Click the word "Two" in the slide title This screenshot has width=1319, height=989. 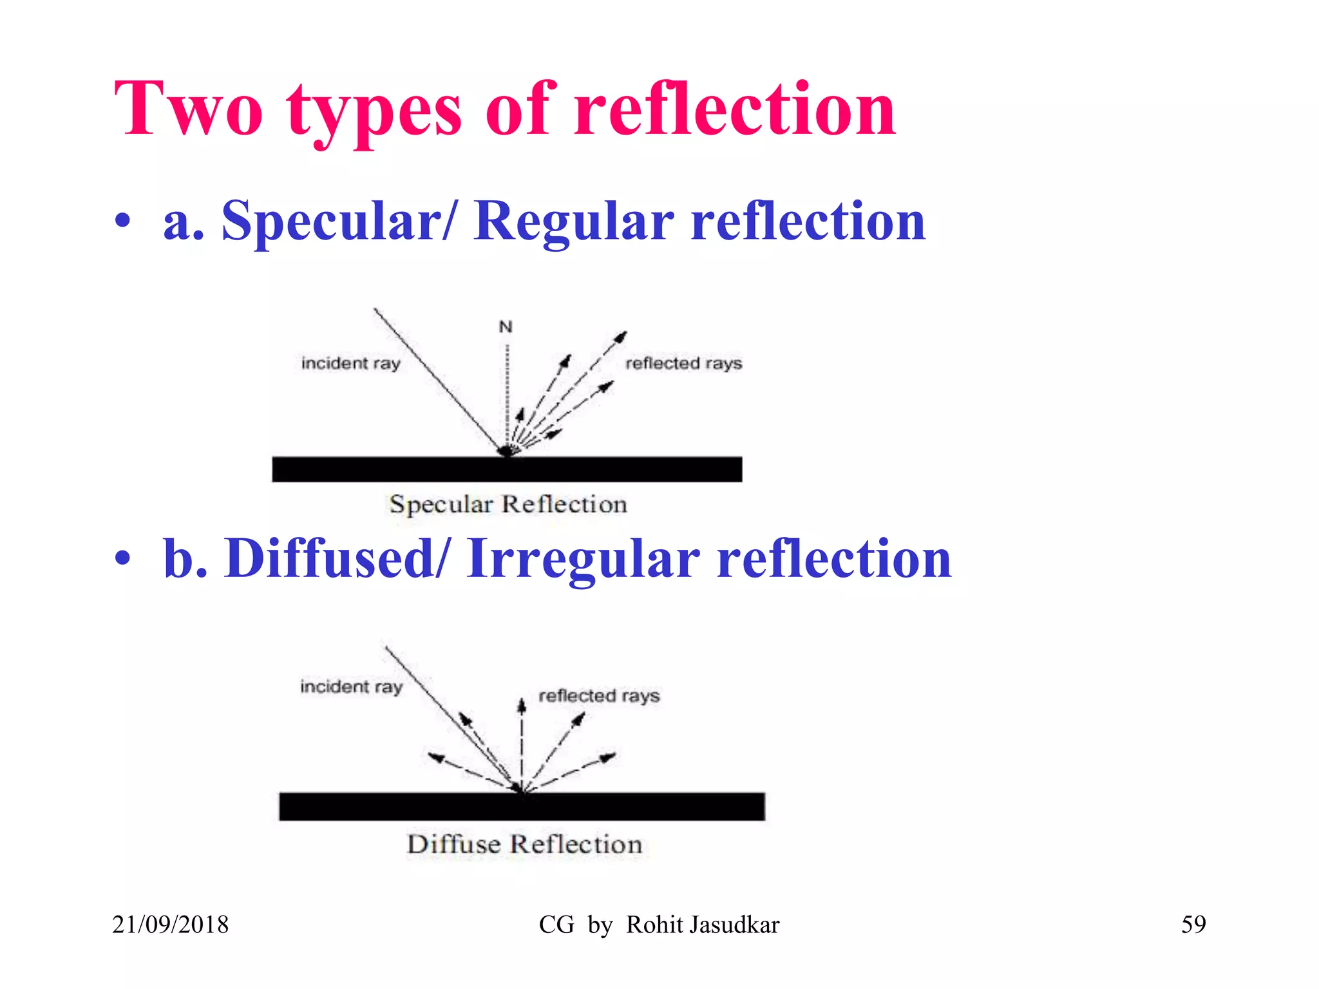189,109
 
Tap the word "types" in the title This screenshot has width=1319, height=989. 374,113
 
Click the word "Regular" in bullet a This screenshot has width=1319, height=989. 574,222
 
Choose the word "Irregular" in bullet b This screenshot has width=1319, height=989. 584,559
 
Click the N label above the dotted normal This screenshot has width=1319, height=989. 506,327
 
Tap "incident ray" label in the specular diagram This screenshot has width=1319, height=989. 351,364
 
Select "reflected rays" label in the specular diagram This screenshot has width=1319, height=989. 683,364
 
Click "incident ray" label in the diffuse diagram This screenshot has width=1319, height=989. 351,687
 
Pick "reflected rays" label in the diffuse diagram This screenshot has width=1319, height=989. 599,696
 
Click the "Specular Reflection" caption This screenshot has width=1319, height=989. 508,504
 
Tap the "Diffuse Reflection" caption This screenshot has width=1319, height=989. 524,844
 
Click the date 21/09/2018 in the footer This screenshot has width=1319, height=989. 170,925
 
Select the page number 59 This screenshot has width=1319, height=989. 1193,925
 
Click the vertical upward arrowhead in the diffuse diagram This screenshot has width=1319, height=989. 522,706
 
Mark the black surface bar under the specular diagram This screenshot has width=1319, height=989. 507,469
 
